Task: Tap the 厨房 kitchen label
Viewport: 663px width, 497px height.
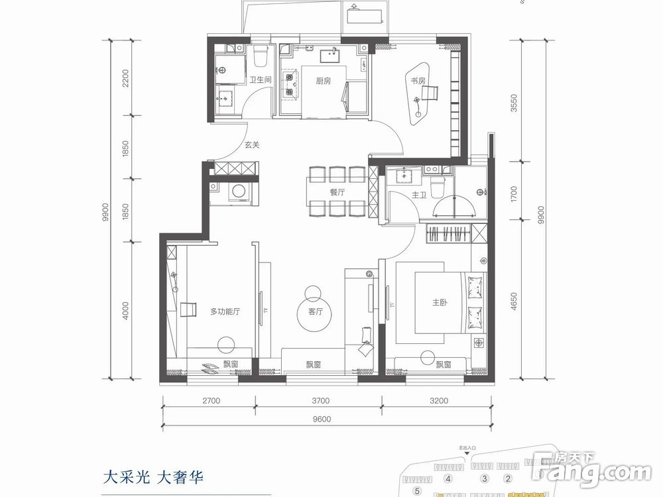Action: tap(323, 82)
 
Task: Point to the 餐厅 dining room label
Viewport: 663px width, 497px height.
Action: tap(337, 192)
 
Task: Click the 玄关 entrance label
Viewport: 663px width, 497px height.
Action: tap(251, 145)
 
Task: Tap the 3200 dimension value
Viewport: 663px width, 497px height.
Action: tap(438, 400)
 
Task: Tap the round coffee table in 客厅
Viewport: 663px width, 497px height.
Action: tap(313, 292)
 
